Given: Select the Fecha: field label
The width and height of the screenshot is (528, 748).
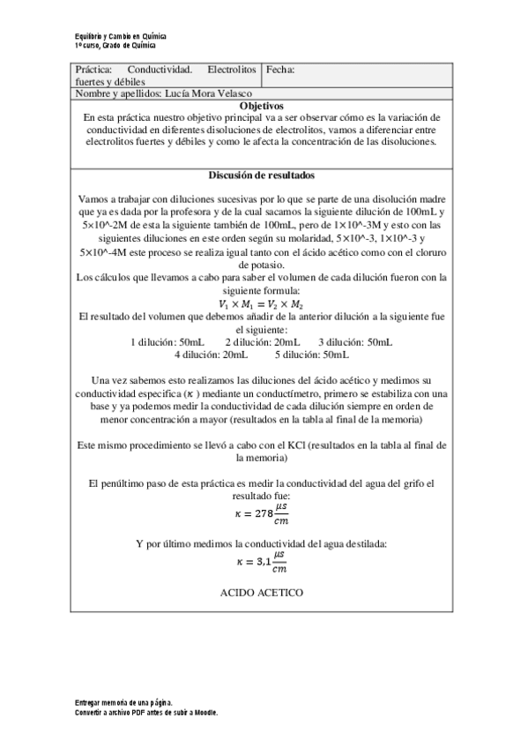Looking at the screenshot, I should [x=280, y=69].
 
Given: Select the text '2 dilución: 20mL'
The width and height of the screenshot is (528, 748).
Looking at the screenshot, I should [x=262, y=342].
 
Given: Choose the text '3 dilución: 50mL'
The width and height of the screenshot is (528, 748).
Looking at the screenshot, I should [x=355, y=342].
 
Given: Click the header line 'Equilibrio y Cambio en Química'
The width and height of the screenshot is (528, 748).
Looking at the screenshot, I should [x=121, y=36].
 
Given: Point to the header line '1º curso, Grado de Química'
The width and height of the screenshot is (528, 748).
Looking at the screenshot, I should [x=115, y=44].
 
